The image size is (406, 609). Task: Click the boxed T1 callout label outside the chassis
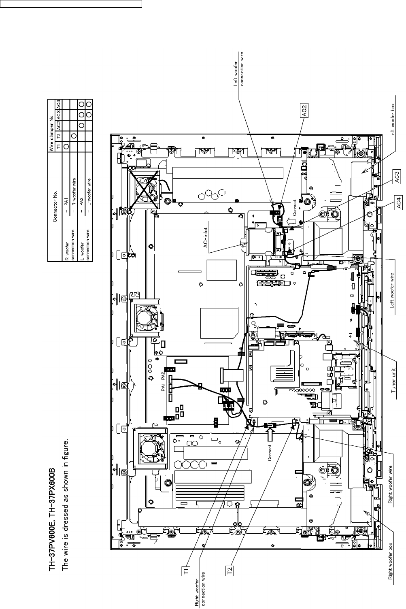pyautogui.click(x=185, y=571)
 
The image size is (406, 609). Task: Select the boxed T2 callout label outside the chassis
pyautogui.click(x=229, y=571)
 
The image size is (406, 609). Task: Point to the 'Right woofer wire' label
pyautogui.click(x=391, y=484)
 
